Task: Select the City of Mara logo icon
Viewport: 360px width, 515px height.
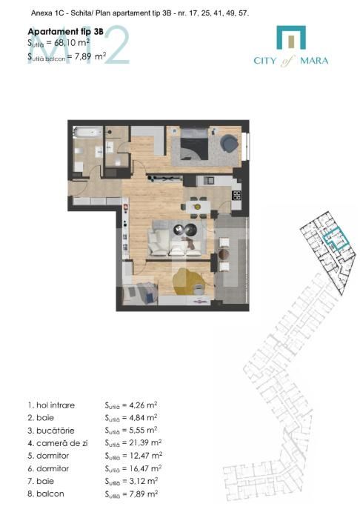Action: [x=290, y=39]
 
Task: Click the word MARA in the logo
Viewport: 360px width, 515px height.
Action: [x=315, y=62]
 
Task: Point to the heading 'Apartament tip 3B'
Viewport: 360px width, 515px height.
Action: [x=55, y=33]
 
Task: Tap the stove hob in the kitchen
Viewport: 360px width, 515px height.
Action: [x=237, y=196]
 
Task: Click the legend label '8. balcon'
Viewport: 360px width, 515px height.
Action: [x=46, y=494]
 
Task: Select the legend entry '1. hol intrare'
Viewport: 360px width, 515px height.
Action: [x=52, y=405]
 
